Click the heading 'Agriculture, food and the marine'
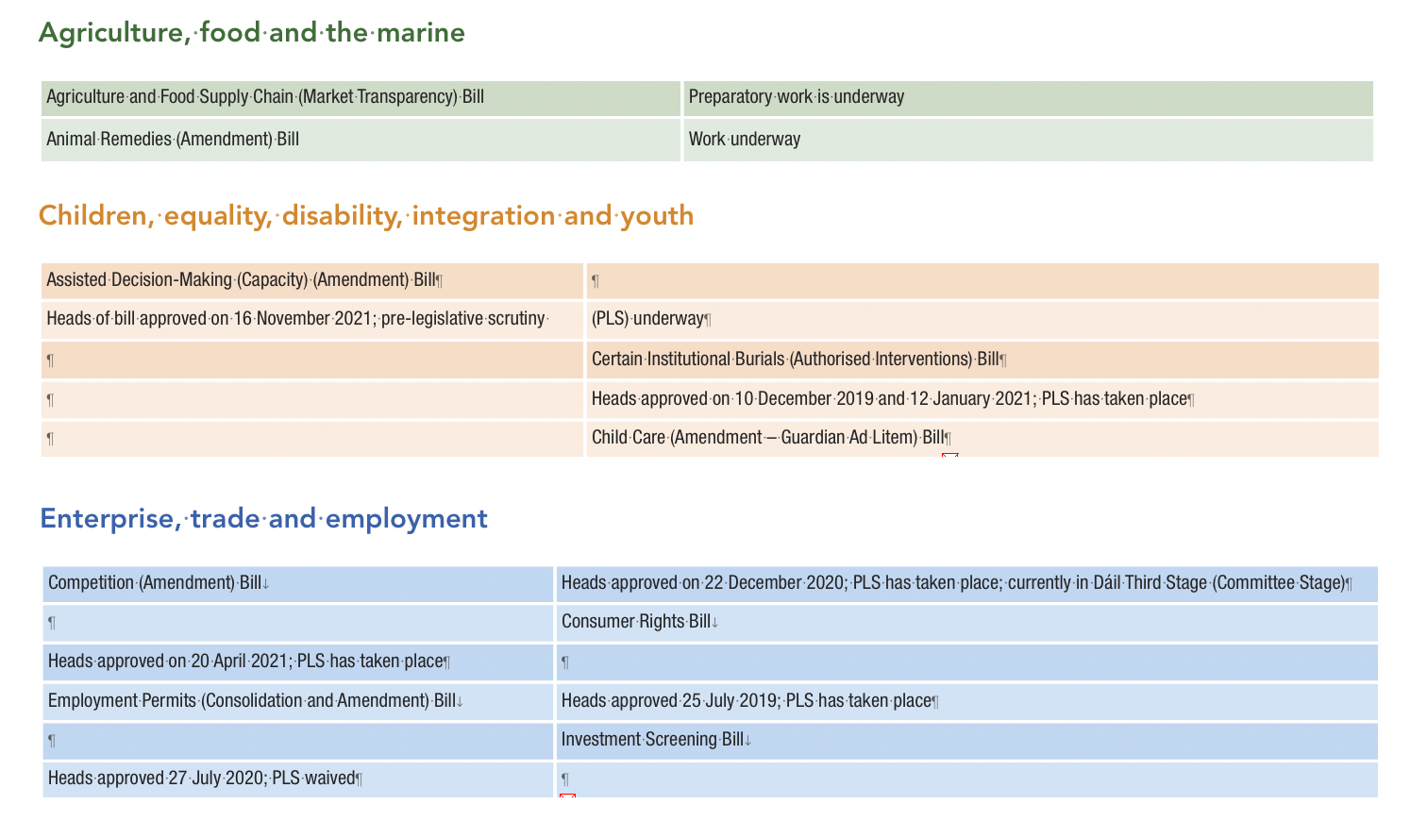252,33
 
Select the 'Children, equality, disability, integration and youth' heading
366,216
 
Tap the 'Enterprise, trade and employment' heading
263,519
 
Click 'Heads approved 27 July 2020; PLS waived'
202,779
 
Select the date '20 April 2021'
240,662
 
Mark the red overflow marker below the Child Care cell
950,456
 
